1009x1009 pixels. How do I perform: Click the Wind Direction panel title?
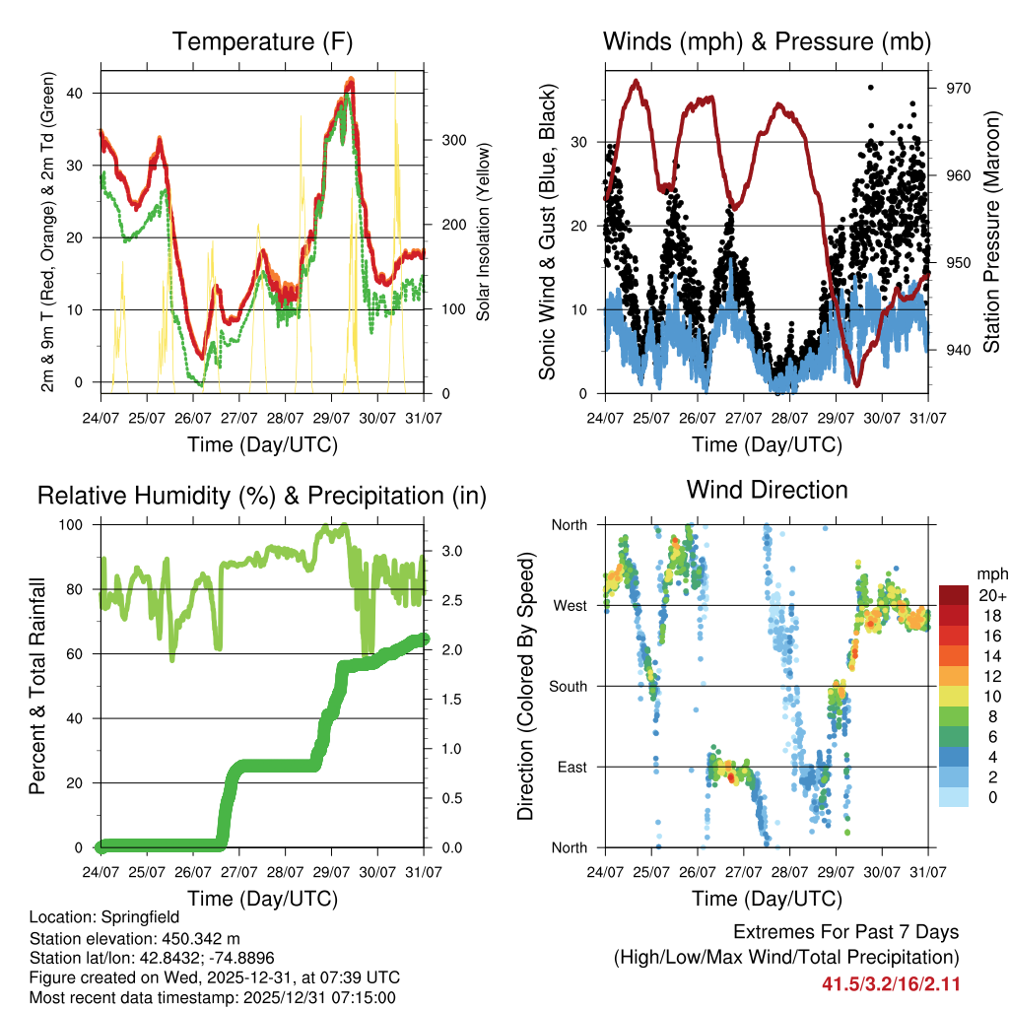[x=767, y=489]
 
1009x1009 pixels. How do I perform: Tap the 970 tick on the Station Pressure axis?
[x=959, y=89]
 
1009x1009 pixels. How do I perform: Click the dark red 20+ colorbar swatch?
[x=955, y=595]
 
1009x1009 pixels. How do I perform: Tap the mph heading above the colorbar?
[x=990, y=572]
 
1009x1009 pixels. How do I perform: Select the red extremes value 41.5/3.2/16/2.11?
[x=891, y=983]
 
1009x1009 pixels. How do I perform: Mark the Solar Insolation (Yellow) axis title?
[x=484, y=233]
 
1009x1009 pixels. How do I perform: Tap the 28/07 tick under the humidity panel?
[x=285, y=872]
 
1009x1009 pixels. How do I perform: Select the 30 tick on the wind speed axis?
[x=580, y=142]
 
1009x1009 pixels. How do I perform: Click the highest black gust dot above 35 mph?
[x=871, y=87]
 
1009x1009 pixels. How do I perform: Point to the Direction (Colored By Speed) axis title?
[x=525, y=686]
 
